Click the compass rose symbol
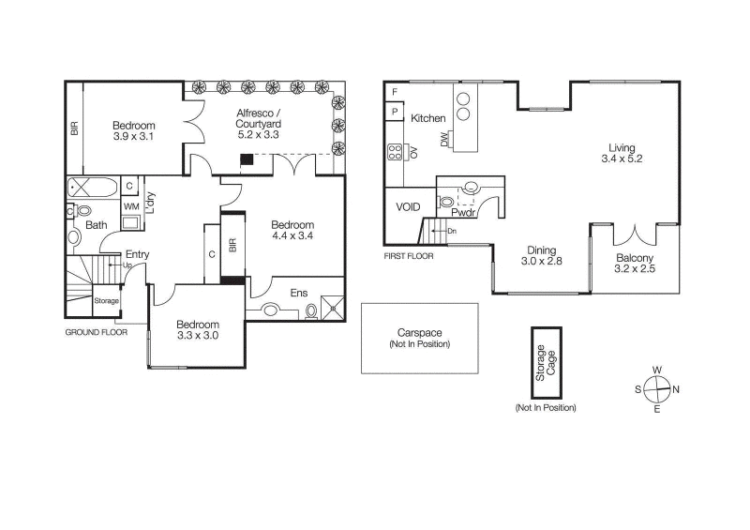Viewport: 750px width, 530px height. tap(657, 388)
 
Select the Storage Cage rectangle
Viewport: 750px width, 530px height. tap(546, 360)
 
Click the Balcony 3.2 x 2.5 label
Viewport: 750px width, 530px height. tap(634, 265)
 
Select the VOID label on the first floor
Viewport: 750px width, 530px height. tap(409, 206)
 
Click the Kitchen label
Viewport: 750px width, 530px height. tap(428, 118)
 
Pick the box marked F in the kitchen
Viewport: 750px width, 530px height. tap(395, 92)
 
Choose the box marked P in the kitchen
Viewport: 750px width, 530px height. tap(395, 112)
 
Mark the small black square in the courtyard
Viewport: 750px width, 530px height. tap(247, 159)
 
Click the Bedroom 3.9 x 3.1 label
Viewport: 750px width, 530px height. tap(134, 131)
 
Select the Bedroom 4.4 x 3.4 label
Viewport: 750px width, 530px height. tap(292, 231)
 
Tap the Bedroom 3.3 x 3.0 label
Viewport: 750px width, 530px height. tap(197, 330)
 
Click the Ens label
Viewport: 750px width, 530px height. tap(298, 293)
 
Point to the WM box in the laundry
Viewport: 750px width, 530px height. tap(131, 205)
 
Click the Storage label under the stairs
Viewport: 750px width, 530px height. tap(107, 300)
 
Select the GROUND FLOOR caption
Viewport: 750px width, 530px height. tap(97, 332)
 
